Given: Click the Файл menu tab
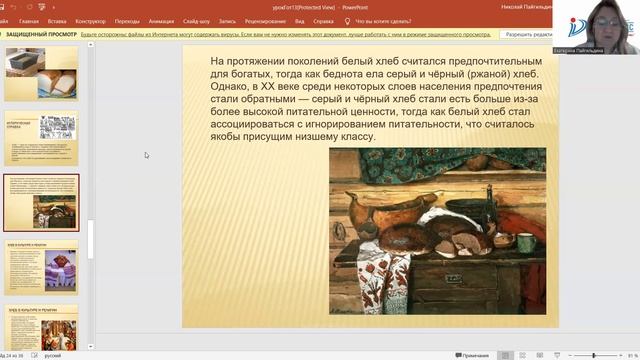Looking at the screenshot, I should click(x=7, y=20).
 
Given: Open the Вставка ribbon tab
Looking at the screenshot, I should click(x=56, y=20).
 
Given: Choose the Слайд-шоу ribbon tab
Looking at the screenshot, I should click(x=196, y=20).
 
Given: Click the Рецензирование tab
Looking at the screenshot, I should click(x=264, y=20).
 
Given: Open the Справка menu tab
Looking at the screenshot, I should click(x=323, y=20).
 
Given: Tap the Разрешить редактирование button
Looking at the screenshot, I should click(x=525, y=34).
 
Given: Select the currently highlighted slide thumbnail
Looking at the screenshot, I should click(x=41, y=202).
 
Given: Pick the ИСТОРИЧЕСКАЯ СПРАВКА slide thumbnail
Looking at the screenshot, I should click(x=41, y=138).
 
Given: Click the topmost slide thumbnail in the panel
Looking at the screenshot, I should click(x=41, y=74).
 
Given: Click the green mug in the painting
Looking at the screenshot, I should click(x=525, y=242).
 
